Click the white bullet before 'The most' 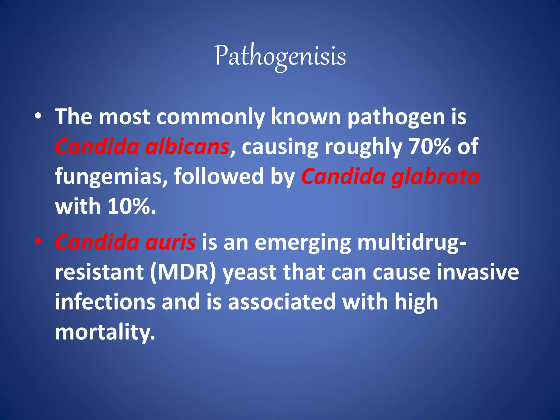(x=38, y=117)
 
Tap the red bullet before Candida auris (x=38, y=242)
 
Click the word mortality (x=105, y=332)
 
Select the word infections (x=105, y=302)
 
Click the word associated (x=282, y=302)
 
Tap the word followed (x=219, y=176)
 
